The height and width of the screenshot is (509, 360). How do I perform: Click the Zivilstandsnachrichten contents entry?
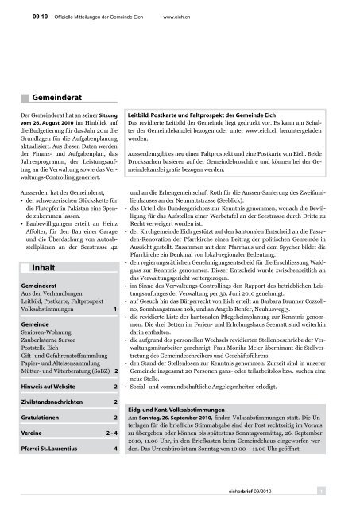click(x=53, y=426)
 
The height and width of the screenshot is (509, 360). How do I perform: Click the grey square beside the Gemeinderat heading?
click(x=27, y=97)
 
